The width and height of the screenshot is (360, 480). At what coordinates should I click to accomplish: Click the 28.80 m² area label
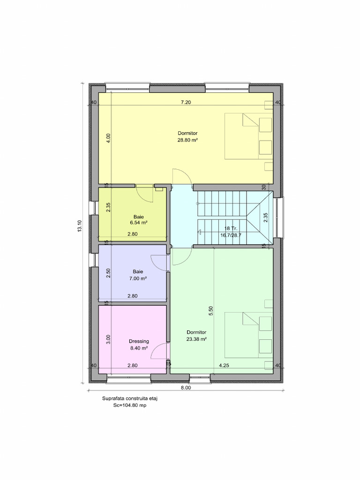point(187,140)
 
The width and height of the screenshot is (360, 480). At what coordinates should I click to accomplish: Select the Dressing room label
point(139,341)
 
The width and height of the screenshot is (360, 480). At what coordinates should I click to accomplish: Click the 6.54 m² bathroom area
point(139,223)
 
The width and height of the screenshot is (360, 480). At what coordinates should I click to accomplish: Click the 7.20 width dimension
point(187,102)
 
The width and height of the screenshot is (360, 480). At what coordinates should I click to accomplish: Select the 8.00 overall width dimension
point(186,388)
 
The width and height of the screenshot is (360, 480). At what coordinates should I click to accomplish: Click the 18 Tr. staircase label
point(231,228)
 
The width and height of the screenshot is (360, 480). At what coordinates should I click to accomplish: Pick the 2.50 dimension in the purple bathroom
point(108,273)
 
